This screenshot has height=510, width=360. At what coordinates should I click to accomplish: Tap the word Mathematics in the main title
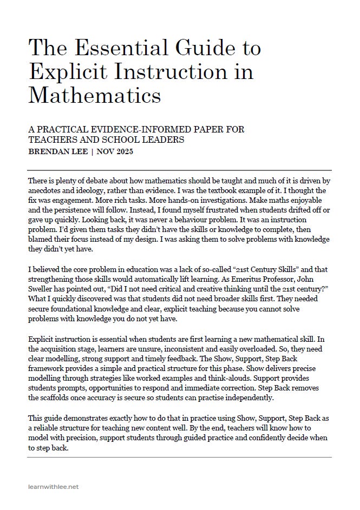click(x=94, y=95)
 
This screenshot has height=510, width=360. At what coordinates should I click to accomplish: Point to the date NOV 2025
click(x=116, y=151)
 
